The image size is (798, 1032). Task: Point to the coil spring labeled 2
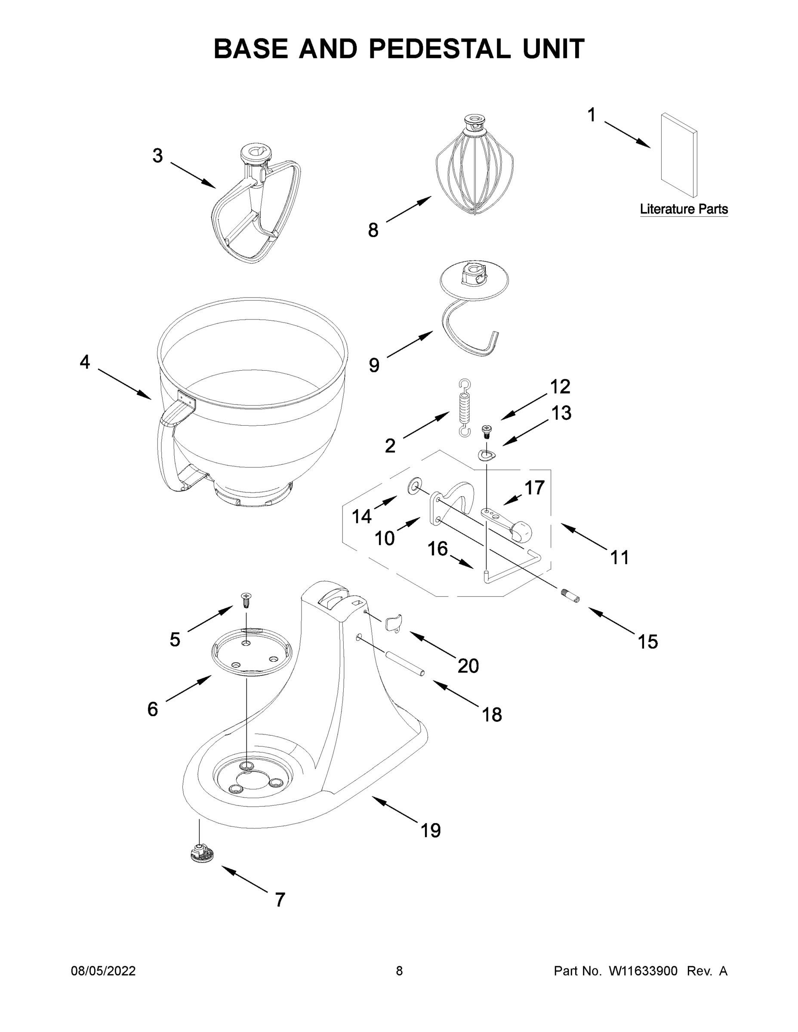pos(465,407)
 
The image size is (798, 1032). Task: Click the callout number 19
pos(431,830)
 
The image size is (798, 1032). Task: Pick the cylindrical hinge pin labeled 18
pos(405,664)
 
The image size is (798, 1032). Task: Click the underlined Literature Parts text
pos(684,209)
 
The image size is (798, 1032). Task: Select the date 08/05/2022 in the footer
pos(103,971)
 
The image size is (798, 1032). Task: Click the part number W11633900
pos(643,971)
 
